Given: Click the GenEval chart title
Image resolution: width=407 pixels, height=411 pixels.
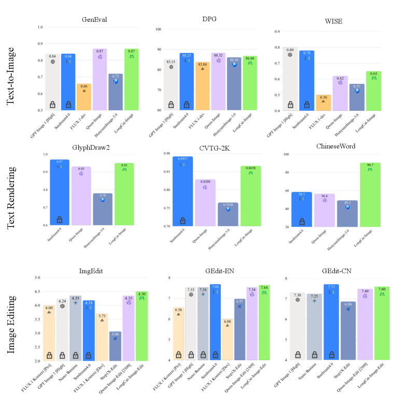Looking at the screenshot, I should tap(91, 19).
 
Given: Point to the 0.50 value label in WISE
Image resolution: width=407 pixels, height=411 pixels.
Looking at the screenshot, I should tap(324, 97).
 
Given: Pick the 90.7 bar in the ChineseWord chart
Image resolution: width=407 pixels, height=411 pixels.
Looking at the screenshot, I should tap(370, 195).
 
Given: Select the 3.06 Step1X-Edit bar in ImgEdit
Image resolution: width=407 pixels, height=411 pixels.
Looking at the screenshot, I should tap(115, 346).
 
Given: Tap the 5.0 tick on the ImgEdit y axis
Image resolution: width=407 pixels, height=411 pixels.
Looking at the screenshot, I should tap(37, 278).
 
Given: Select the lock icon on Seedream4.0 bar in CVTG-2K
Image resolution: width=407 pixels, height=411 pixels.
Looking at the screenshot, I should tap(183, 221).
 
